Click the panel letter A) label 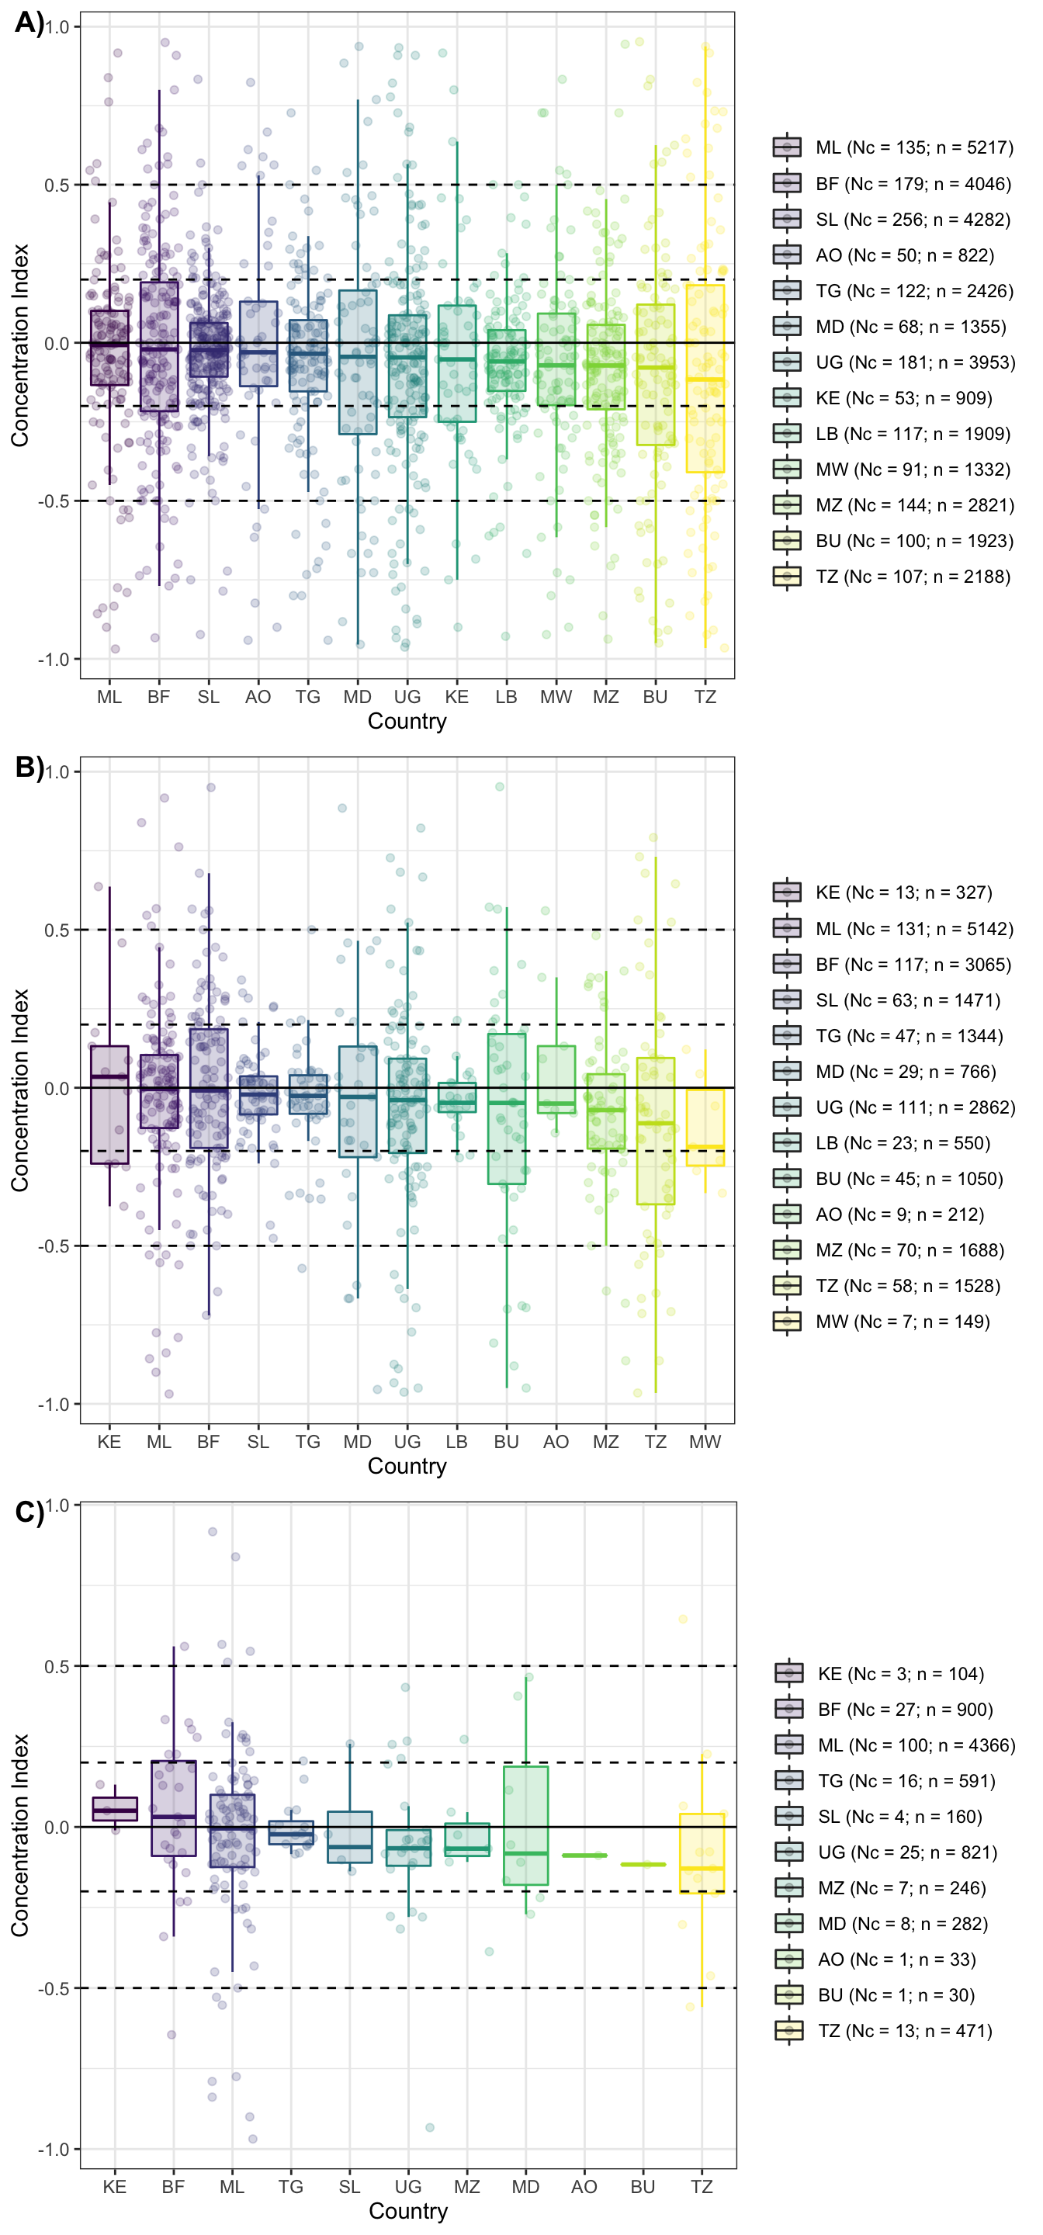coord(29,23)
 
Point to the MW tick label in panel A coord(556,697)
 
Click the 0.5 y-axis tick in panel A coord(57,185)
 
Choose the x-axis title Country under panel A coord(407,722)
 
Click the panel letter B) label coord(29,768)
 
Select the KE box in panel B coord(109,1104)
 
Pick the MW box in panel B coord(705,1127)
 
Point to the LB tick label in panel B coord(456,1442)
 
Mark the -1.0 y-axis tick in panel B coord(53,1405)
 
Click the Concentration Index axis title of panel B coord(20,1090)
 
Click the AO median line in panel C coord(584,1856)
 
